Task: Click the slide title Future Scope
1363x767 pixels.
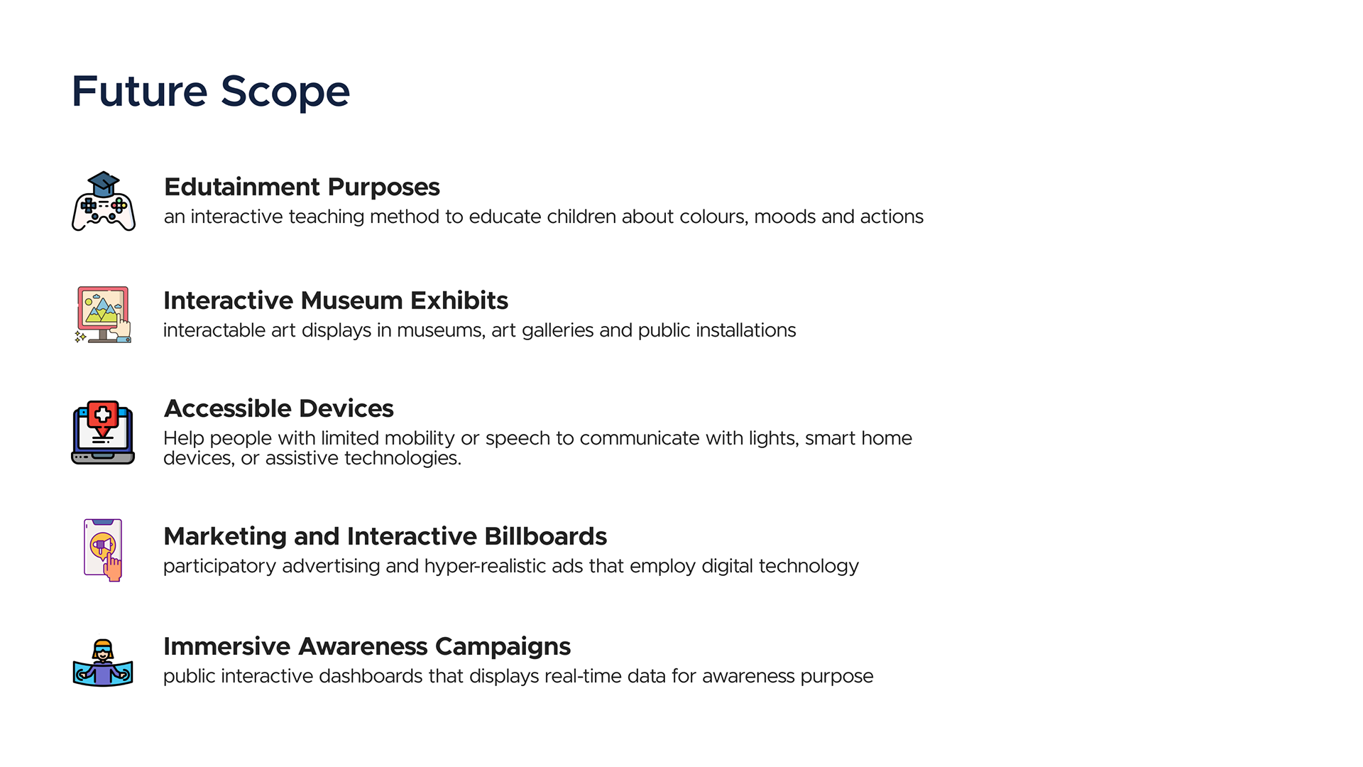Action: (x=211, y=92)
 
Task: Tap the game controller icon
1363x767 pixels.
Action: (x=104, y=202)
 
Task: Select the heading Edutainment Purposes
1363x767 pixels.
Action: (x=302, y=187)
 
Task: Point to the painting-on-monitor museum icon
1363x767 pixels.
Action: (x=104, y=315)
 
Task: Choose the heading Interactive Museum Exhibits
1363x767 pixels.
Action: (x=336, y=300)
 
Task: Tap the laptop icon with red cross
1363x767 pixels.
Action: (x=103, y=433)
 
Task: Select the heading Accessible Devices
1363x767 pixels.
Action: (x=278, y=408)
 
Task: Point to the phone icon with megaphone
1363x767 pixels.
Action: (x=104, y=550)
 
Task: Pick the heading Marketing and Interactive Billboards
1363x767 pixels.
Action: (x=385, y=536)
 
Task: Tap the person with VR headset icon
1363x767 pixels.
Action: (x=103, y=663)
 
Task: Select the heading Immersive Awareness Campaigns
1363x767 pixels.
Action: (x=367, y=646)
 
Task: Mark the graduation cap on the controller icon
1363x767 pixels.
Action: (x=104, y=184)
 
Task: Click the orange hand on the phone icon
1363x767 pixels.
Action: (x=113, y=567)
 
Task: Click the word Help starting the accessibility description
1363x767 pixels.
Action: (x=184, y=438)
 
